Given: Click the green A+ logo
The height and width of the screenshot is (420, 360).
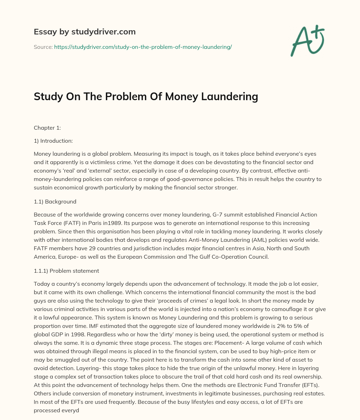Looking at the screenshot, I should click(307, 41).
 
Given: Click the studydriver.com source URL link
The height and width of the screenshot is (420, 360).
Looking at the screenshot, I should click(143, 47).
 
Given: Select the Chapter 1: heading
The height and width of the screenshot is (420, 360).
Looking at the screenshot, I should click(47, 128).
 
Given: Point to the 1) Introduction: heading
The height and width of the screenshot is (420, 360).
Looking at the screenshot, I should click(53, 141).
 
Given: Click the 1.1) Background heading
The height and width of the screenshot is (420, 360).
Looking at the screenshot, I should click(55, 202).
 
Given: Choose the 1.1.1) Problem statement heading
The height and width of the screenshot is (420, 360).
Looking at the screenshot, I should click(66, 271).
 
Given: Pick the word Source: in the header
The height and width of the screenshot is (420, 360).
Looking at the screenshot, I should click(43, 47).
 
